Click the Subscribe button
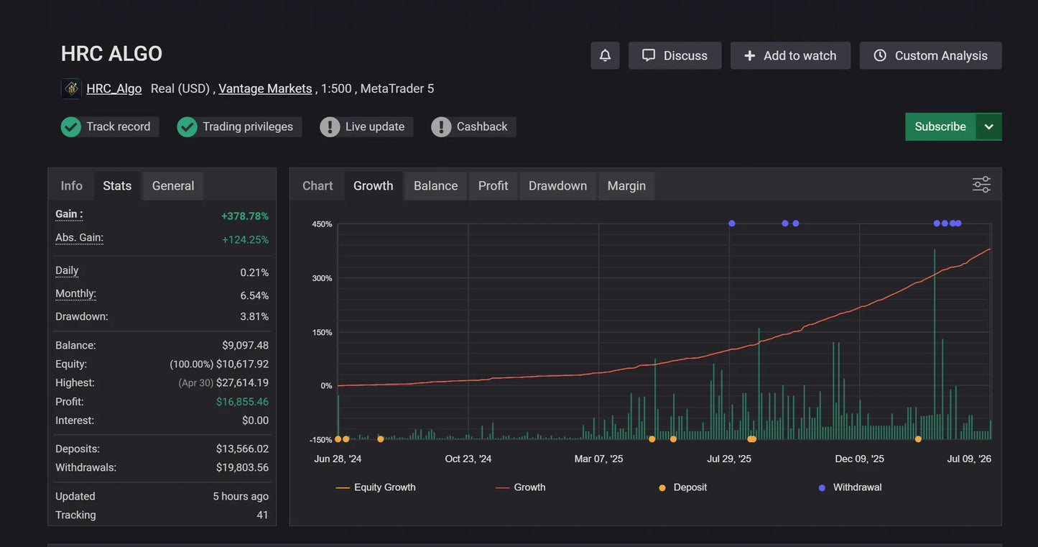[x=940, y=127]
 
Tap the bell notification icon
[x=605, y=55]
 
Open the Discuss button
[x=675, y=55]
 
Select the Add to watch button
[x=790, y=55]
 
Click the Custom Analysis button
[x=930, y=55]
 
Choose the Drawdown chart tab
[x=557, y=186]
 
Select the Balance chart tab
[x=435, y=186]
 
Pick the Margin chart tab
[x=626, y=186]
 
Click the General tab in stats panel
[x=173, y=186]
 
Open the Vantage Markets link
[x=265, y=88]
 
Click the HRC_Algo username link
[x=114, y=88]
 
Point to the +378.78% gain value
[x=245, y=216]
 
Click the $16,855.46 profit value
[x=242, y=402]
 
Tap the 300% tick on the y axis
[x=322, y=278]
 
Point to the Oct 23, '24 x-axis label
[x=468, y=459]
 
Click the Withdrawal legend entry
[x=851, y=487]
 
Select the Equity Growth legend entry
[x=376, y=487]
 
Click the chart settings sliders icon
[x=981, y=185]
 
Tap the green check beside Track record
[x=71, y=127]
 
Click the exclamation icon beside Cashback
[x=441, y=127]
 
